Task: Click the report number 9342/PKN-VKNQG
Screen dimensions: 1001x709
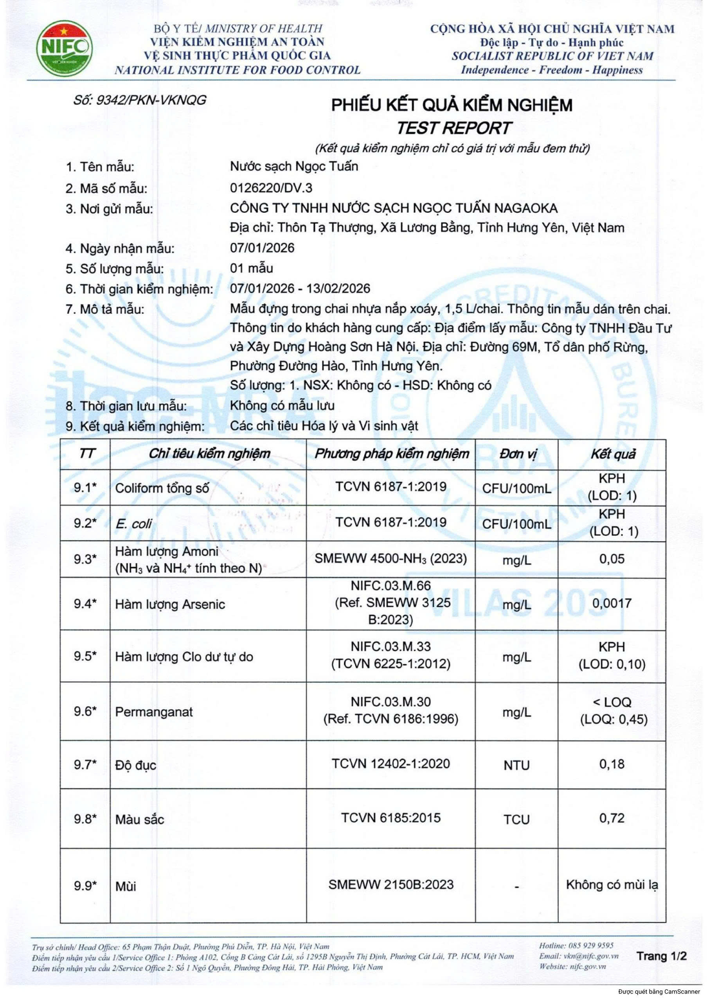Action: [140, 100]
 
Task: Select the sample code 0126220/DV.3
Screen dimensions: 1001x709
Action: [271, 188]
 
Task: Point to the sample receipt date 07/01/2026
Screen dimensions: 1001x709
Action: [262, 248]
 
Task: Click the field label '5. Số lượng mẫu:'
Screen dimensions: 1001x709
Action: [115, 269]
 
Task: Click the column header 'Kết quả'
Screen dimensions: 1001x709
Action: [612, 454]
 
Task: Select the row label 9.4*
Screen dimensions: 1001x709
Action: [85, 604]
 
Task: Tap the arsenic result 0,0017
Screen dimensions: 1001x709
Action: [612, 603]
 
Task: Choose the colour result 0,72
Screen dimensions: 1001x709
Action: [612, 818]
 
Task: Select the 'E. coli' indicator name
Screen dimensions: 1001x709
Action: [133, 524]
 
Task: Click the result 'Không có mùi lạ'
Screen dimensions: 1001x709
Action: [612, 884]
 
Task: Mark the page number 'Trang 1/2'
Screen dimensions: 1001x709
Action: [661, 956]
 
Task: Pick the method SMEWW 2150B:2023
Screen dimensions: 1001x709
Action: [391, 884]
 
